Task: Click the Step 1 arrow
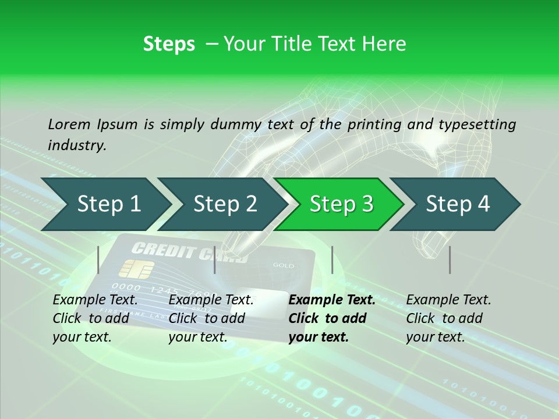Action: coord(108,204)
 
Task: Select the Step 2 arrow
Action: coord(225,204)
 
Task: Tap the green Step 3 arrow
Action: coord(341,204)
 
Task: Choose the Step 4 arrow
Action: coord(458,204)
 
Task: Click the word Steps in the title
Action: coord(169,44)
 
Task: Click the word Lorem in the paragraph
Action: coord(69,124)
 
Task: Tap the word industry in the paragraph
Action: coord(76,145)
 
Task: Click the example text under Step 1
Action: coord(95,318)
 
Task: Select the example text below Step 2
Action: coord(211,318)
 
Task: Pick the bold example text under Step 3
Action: coord(332,318)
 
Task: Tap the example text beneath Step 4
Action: coord(448,318)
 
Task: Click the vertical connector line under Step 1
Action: coord(98,260)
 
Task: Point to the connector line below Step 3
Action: coord(332,260)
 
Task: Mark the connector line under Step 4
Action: coord(450,260)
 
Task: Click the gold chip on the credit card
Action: coord(136,269)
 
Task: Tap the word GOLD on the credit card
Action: coord(284,265)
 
